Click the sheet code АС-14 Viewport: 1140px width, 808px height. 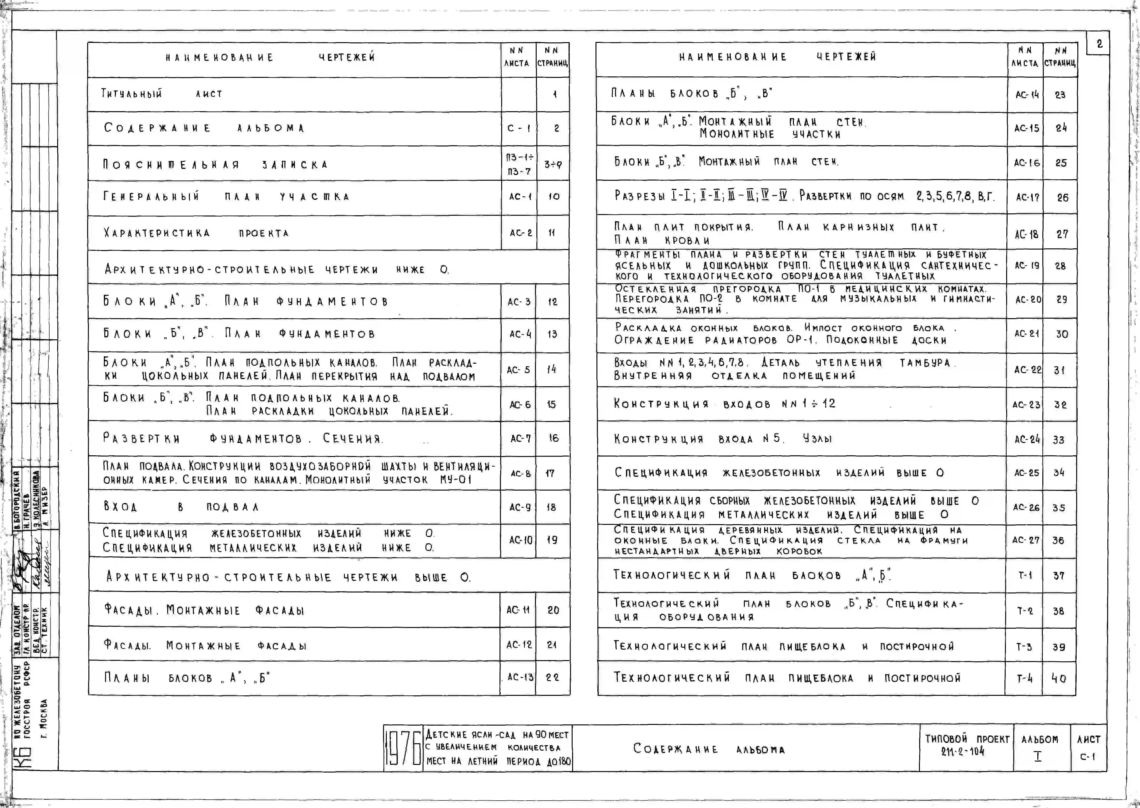tap(1027, 95)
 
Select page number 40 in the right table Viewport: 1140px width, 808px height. tap(1058, 678)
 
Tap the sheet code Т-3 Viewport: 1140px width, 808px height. tap(1024, 647)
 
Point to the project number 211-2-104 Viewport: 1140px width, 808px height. tap(962, 751)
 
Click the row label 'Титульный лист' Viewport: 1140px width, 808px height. tap(162, 94)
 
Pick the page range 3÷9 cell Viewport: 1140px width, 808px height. tap(553, 164)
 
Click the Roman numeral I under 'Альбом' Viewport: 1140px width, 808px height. tap(1038, 756)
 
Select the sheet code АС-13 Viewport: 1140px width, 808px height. tap(520, 677)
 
